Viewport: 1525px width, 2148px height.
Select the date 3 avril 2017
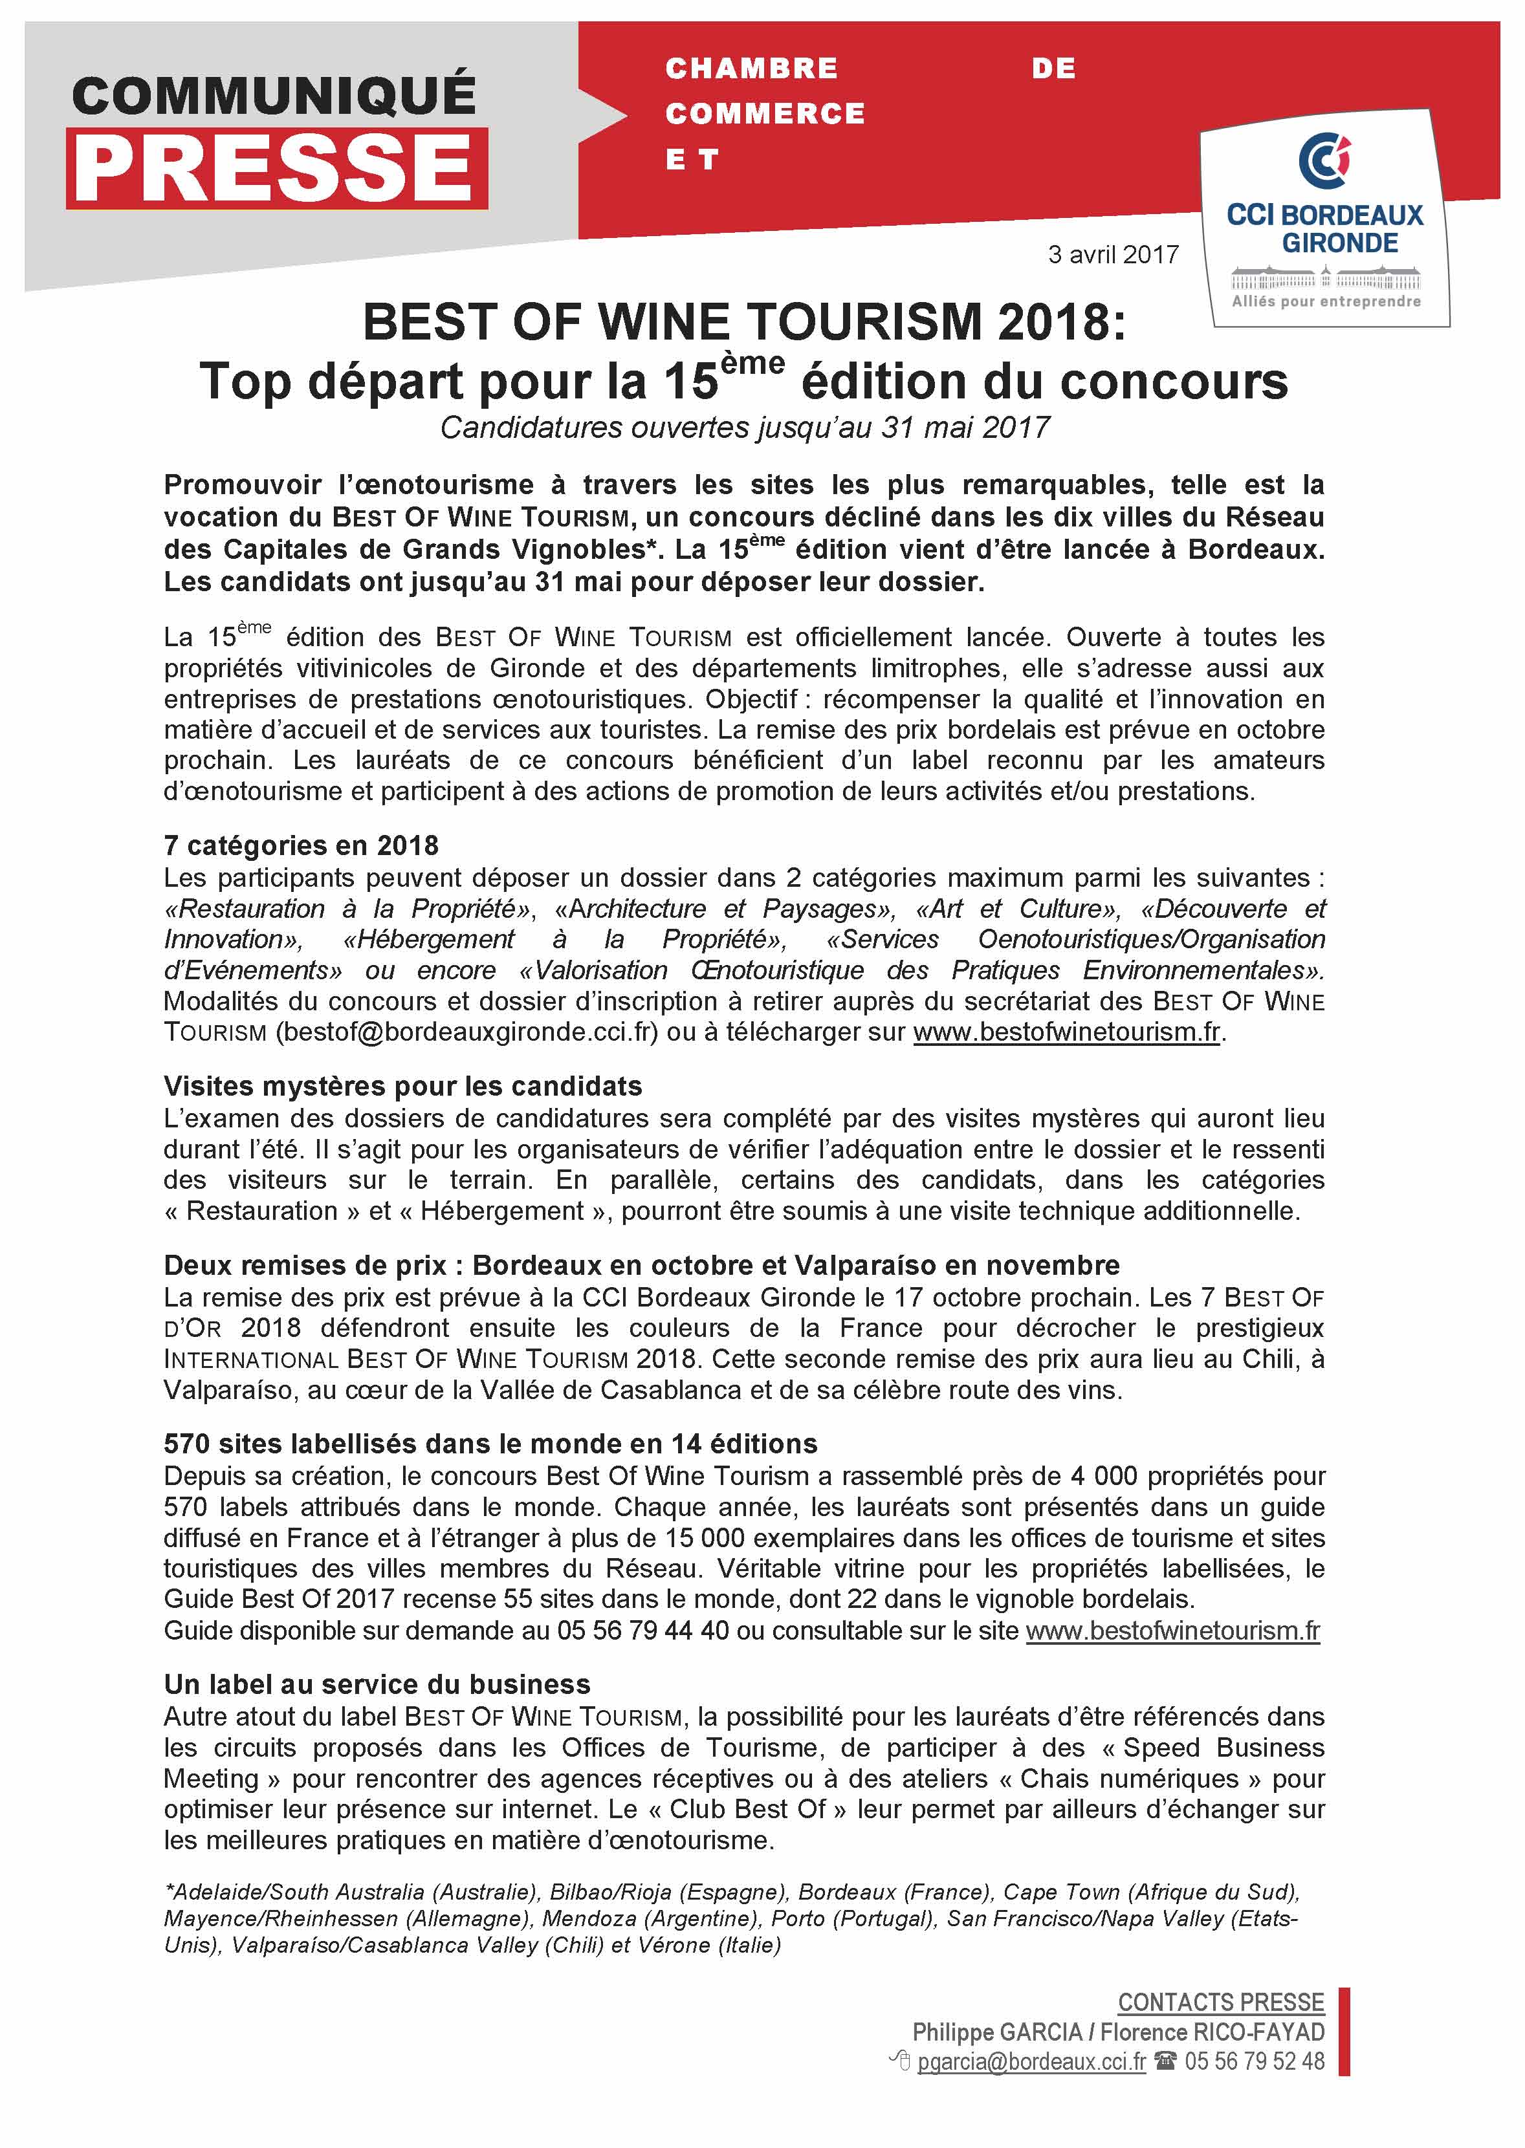click(x=1113, y=254)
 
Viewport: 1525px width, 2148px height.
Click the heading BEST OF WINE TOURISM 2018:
click(x=743, y=322)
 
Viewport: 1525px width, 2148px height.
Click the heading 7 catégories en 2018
click(x=300, y=846)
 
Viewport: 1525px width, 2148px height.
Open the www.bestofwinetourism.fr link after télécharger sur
click(x=1067, y=1032)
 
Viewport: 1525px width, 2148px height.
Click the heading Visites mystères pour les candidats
click(x=403, y=1086)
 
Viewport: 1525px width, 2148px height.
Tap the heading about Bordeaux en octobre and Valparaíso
click(x=641, y=1266)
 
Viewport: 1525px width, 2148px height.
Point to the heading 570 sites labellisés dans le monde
click(x=490, y=1444)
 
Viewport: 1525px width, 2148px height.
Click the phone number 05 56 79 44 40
click(x=642, y=1631)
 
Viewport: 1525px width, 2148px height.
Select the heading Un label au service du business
click(x=377, y=1684)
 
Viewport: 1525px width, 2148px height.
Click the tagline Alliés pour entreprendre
click(x=1326, y=301)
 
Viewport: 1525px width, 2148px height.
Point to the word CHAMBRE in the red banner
click(x=751, y=69)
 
